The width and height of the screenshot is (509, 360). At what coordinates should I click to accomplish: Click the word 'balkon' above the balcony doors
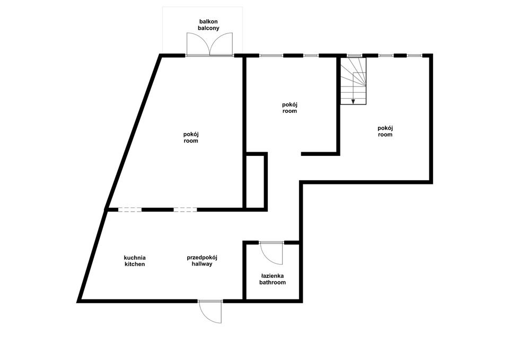tap(208, 22)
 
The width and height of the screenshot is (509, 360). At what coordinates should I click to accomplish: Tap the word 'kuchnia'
tap(135, 258)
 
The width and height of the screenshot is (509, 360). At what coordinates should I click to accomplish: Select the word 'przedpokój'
tap(202, 258)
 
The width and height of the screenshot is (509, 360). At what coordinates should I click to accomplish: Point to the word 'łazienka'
tap(273, 276)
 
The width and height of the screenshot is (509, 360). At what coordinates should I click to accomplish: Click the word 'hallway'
tap(202, 264)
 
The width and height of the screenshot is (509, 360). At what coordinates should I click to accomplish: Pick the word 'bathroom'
tap(273, 283)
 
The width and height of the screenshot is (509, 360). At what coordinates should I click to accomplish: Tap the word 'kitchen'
tap(135, 264)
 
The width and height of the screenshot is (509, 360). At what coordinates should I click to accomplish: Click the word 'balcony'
tap(208, 28)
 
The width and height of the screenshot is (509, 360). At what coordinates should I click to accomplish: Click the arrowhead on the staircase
tap(353, 102)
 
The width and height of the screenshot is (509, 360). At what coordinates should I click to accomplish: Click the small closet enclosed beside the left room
tap(255, 181)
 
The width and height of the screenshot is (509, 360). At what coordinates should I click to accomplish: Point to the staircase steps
tap(353, 81)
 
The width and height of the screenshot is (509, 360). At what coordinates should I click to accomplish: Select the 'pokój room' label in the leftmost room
tap(191, 137)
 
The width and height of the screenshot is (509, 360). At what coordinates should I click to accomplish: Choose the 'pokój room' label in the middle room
tap(289, 108)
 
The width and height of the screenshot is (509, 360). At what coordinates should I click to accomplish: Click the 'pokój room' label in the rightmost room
tap(385, 131)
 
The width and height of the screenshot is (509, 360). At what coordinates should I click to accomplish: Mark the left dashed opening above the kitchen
tap(130, 210)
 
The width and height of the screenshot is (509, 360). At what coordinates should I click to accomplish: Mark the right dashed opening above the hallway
tap(186, 210)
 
